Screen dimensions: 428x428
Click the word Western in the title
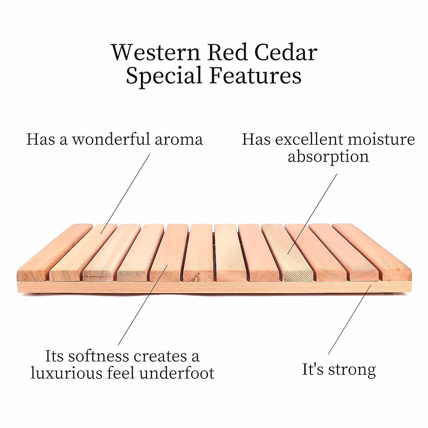click(156, 53)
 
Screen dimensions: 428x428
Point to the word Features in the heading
click(255, 76)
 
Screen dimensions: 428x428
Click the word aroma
click(179, 139)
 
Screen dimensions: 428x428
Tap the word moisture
click(381, 139)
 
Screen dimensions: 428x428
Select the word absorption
click(328, 156)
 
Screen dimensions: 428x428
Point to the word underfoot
click(177, 373)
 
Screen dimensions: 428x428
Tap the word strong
click(352, 370)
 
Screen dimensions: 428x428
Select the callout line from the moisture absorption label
click(312, 214)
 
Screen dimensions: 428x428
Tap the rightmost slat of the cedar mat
click(373, 250)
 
